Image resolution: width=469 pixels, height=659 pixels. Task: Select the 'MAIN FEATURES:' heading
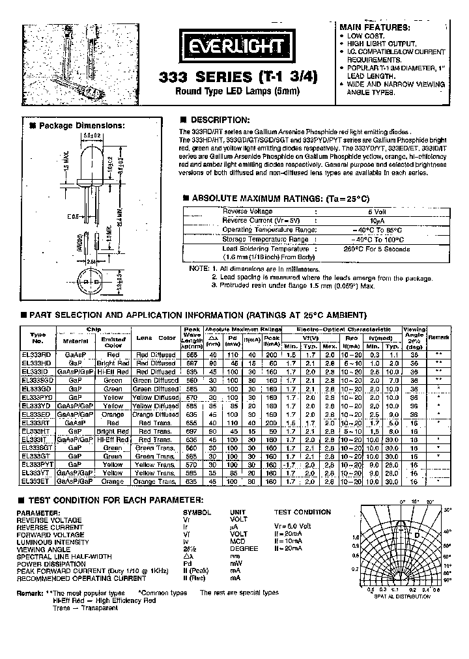[x=374, y=27]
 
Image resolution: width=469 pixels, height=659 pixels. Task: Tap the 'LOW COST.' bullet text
[x=365, y=35]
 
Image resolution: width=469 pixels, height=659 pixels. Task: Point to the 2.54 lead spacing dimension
[x=78, y=260]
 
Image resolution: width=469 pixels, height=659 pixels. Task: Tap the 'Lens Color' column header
[x=156, y=337]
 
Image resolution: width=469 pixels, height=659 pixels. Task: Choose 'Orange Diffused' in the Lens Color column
[x=156, y=414]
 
